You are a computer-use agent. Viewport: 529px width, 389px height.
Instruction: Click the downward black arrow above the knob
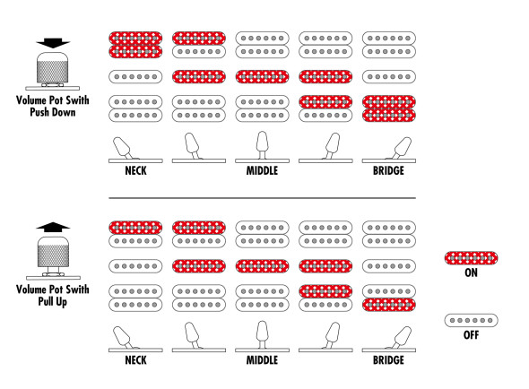(x=53, y=43)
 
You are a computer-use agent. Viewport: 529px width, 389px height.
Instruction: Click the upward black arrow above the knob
(x=53, y=228)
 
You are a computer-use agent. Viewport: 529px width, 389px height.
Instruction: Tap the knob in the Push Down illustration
(x=53, y=67)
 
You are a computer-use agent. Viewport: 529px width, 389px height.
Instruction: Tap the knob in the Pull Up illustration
(x=53, y=252)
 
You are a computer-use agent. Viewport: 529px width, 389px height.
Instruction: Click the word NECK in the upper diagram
(x=135, y=170)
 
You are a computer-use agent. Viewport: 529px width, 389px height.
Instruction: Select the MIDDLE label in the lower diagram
(x=262, y=360)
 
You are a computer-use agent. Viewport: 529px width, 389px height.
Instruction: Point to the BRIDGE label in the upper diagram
(x=388, y=170)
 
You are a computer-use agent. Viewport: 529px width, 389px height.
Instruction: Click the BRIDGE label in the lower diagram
(x=388, y=360)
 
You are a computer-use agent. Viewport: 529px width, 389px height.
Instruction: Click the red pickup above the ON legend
(x=471, y=258)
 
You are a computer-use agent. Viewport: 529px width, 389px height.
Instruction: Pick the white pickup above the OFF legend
(x=471, y=320)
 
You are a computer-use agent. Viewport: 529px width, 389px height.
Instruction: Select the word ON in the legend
(x=471, y=272)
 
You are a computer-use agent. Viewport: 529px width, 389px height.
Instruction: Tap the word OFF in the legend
(x=471, y=335)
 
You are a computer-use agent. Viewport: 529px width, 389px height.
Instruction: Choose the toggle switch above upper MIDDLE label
(x=262, y=145)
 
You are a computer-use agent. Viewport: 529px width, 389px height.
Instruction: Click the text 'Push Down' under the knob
(x=53, y=112)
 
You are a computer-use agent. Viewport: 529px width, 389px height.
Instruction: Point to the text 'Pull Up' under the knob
(x=53, y=301)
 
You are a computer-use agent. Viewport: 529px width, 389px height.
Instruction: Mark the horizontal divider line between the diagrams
(x=262, y=198)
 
